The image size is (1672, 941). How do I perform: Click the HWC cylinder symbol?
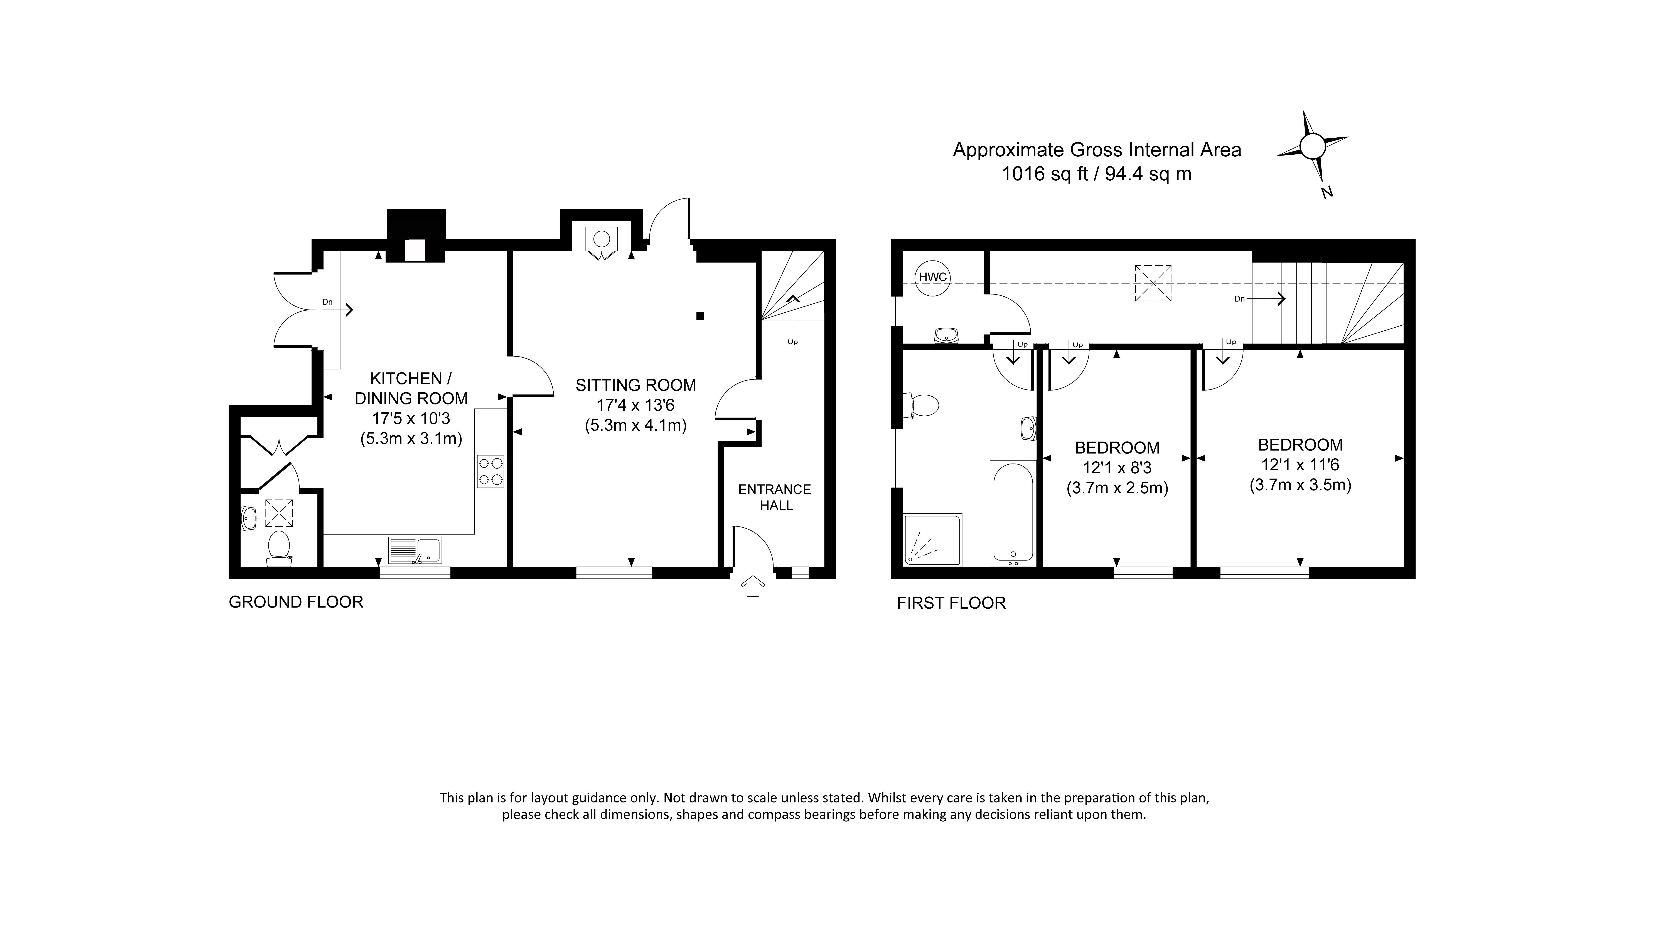[x=933, y=277]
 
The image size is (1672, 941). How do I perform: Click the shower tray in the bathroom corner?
[x=933, y=539]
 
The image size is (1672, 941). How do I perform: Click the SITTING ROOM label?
[x=635, y=385]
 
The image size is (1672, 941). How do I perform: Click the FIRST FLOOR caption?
[x=951, y=603]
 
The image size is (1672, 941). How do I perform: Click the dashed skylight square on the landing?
[x=1153, y=283]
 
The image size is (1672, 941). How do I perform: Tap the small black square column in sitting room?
[x=700, y=316]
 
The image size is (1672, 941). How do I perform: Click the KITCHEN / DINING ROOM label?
[x=411, y=388]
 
